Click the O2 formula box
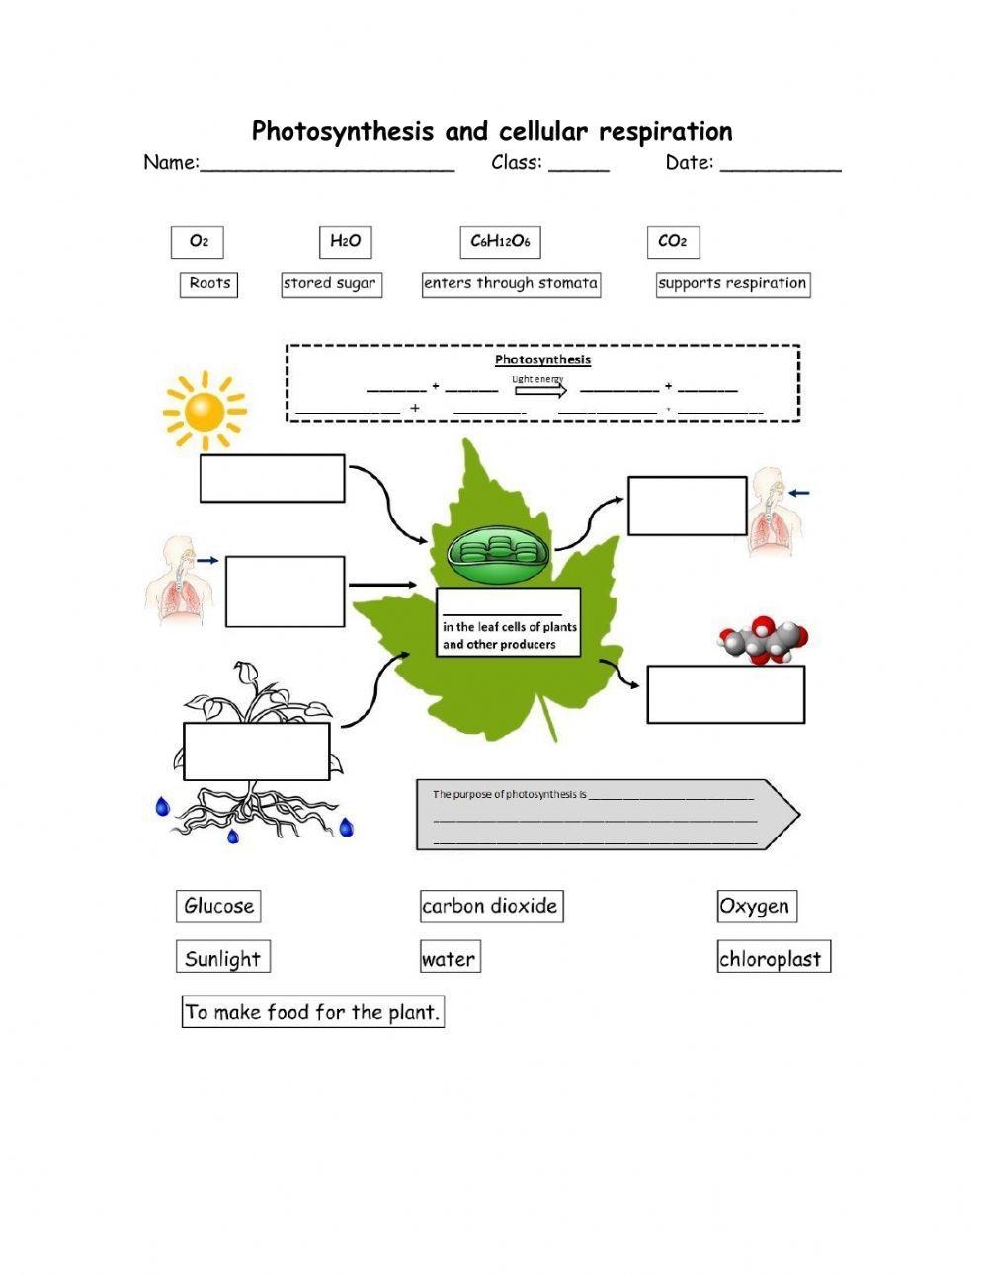(198, 242)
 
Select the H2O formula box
(345, 242)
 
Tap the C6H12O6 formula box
(500, 242)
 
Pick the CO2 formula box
(673, 242)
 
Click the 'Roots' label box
(209, 284)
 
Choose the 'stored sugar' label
(330, 284)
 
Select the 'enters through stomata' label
(511, 284)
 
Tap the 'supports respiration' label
(732, 284)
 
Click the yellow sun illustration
(204, 411)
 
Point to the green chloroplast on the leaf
(500, 555)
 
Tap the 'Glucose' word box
(218, 907)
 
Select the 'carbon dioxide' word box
(490, 907)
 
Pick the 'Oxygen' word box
(756, 907)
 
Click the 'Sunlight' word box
(223, 958)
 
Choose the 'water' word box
(450, 959)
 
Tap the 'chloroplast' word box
(772, 958)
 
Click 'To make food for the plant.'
(312, 1012)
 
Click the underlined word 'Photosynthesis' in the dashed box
(542, 359)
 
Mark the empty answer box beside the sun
(273, 479)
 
